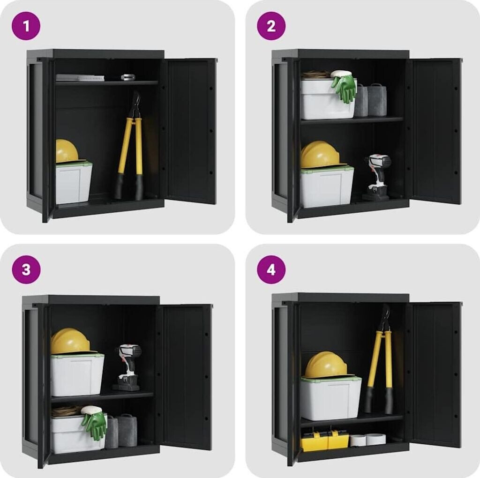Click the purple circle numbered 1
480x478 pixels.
point(26,26)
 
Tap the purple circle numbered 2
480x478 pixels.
point(271,26)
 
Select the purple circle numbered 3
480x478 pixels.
point(26,270)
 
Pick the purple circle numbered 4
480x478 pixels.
point(271,270)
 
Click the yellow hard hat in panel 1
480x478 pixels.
point(67,151)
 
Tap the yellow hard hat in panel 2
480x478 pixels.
point(320,155)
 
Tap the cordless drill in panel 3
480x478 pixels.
point(127,367)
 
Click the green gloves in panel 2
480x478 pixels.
point(344,87)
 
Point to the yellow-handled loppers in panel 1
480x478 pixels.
point(130,146)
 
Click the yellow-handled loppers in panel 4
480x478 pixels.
point(380,360)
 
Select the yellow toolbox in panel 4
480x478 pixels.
point(325,439)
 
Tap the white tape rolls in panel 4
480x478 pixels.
point(368,440)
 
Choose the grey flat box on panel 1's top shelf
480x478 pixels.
point(80,78)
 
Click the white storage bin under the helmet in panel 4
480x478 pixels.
point(330,397)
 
